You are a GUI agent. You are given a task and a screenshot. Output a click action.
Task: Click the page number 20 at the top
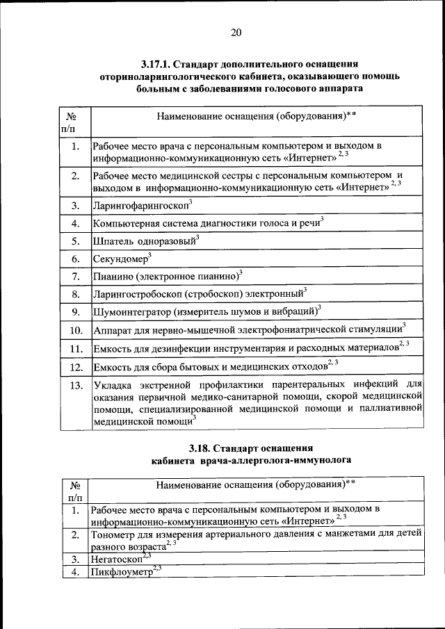(236, 32)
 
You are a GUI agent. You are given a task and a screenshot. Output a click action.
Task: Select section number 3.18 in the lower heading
(202, 447)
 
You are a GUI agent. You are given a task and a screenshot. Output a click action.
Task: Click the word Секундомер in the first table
(118, 259)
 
